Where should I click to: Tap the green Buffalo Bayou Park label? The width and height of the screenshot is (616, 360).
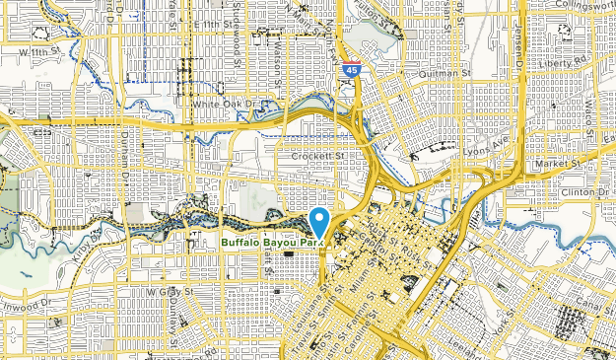click(x=272, y=242)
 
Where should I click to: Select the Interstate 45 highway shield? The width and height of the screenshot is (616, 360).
click(x=352, y=70)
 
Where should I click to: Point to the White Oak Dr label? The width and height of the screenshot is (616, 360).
click(x=224, y=104)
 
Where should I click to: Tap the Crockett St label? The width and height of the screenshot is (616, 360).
click(x=317, y=155)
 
